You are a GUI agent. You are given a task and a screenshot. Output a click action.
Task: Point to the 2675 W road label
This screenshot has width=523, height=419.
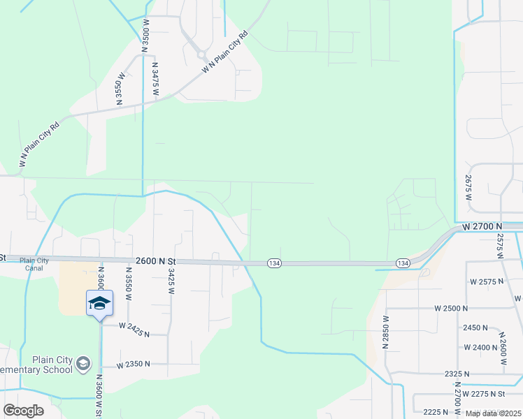click(x=468, y=188)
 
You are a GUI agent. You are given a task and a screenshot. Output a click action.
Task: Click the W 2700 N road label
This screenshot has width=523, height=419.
click(x=482, y=227)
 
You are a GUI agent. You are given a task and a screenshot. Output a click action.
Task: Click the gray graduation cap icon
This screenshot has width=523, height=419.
click(x=84, y=364)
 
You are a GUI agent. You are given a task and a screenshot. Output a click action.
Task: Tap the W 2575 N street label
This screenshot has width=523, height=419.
click(x=487, y=281)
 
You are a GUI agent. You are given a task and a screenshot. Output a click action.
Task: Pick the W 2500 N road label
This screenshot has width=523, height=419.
click(x=452, y=308)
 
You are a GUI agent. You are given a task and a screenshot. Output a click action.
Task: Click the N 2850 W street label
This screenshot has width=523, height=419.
click(x=385, y=330)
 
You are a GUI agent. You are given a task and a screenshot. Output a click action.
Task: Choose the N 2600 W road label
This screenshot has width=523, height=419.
click(x=502, y=347)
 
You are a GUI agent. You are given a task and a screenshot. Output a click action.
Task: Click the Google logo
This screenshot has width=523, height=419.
click(x=23, y=411)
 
